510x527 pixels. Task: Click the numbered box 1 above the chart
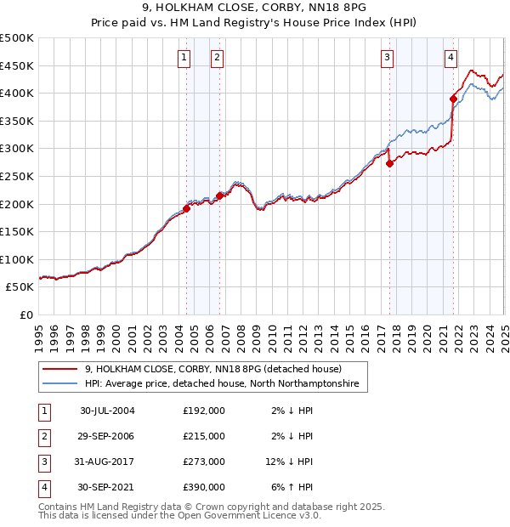tap(184, 58)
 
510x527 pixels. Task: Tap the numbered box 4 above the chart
tap(450, 58)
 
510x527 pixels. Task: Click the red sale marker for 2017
tap(389, 164)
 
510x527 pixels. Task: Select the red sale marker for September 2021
tap(453, 99)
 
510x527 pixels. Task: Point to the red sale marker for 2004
tap(186, 208)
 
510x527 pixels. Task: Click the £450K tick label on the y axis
tap(17, 65)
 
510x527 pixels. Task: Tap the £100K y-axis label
tap(17, 260)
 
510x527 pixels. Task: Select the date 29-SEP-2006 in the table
tap(107, 436)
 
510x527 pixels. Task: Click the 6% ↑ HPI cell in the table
tap(292, 487)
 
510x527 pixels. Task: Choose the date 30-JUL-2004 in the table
tap(107, 411)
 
